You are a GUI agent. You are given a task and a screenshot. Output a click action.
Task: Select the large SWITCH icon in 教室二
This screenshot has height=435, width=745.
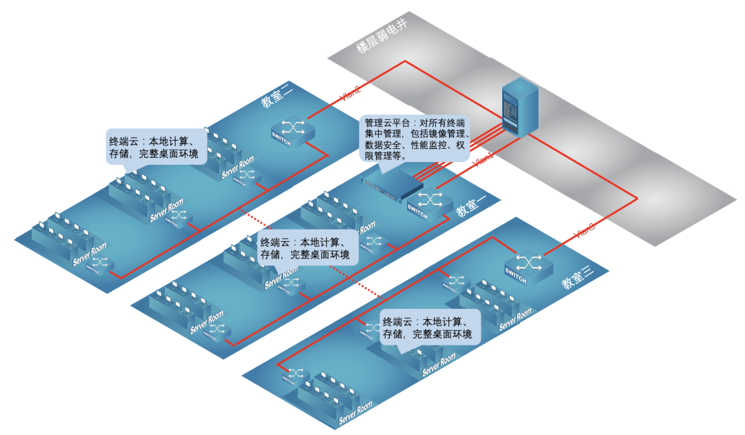tap(293, 130)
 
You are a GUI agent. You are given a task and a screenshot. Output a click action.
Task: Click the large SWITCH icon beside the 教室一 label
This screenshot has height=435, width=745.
tap(428, 202)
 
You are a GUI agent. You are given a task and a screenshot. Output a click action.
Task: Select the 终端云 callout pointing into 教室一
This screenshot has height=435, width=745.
tap(306, 249)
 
